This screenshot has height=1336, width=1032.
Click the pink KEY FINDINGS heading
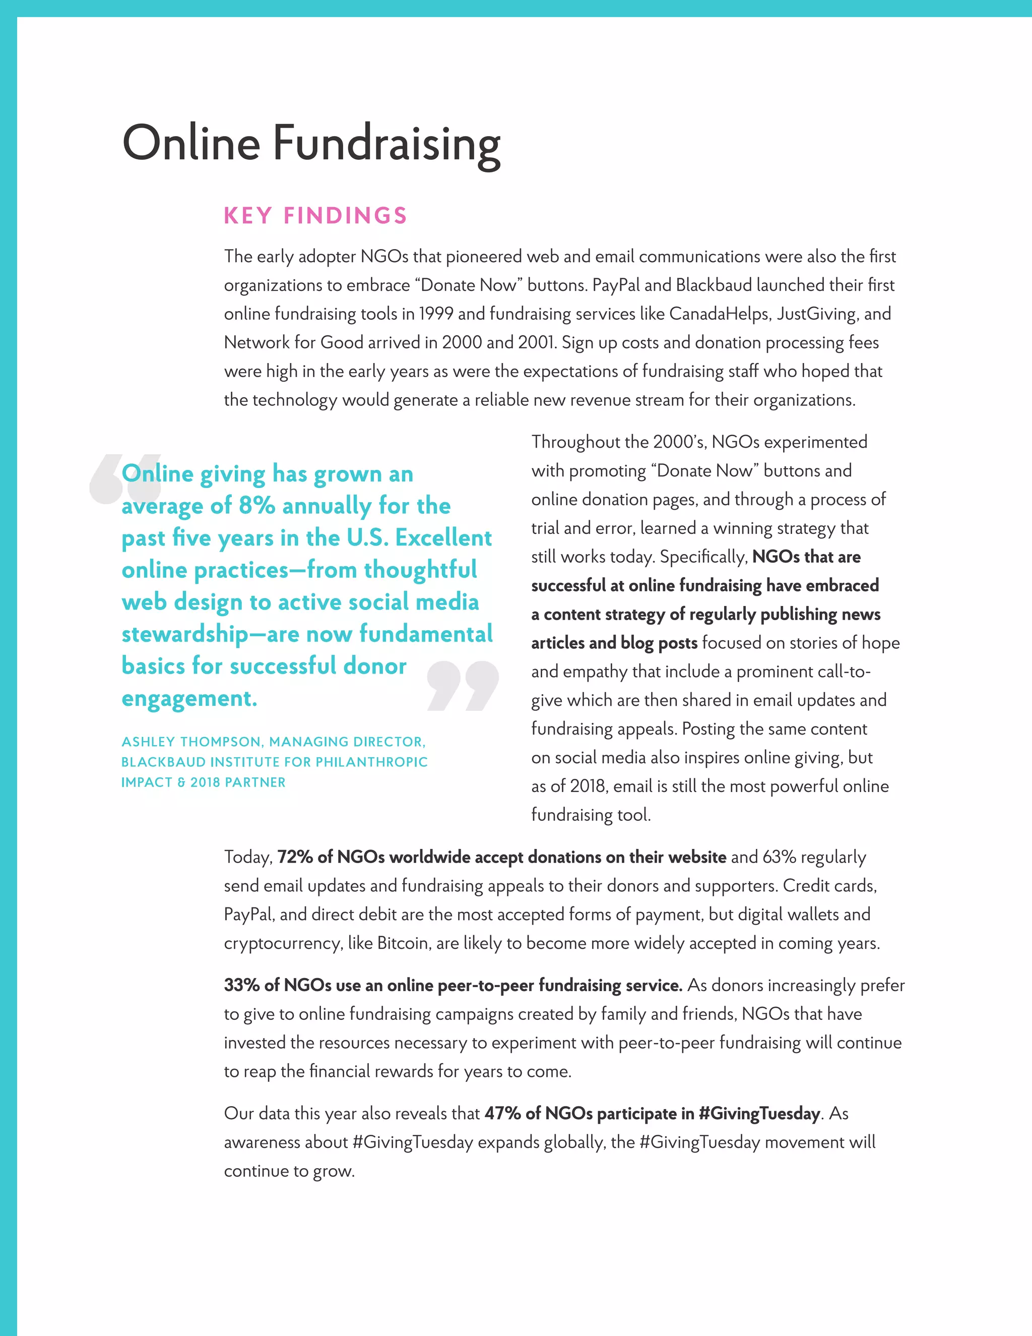[x=315, y=216]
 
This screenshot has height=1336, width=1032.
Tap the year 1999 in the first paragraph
[x=436, y=314]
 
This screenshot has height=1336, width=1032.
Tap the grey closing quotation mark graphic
[x=463, y=686]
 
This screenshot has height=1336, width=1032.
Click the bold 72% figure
[x=295, y=857]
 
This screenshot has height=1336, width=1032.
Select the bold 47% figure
[x=502, y=1113]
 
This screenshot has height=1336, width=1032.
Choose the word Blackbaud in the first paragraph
[x=714, y=285]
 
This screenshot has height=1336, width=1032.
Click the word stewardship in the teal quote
[x=184, y=634]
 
